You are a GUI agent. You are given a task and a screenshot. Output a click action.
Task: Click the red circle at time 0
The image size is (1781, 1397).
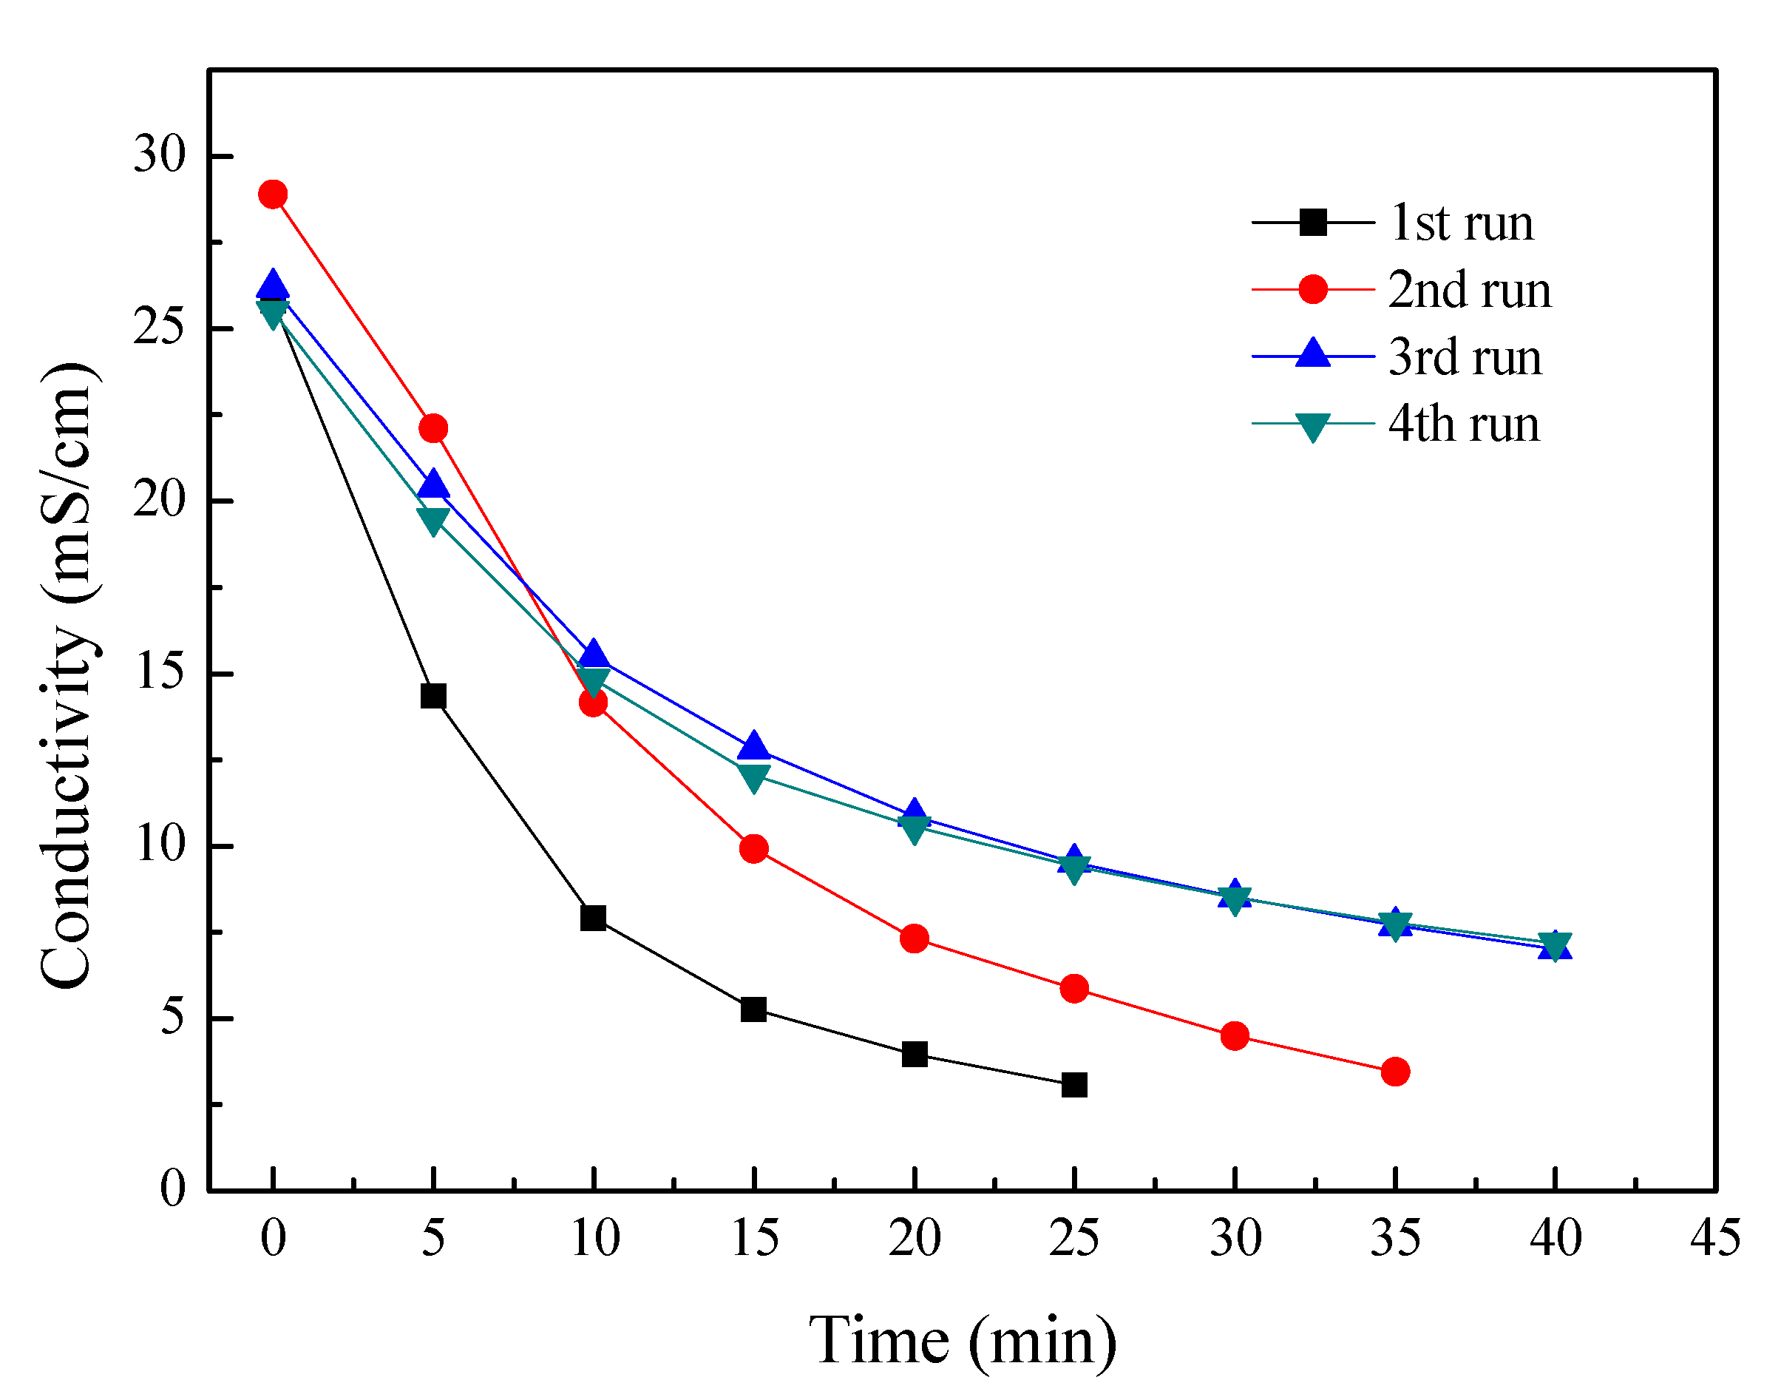(x=272, y=195)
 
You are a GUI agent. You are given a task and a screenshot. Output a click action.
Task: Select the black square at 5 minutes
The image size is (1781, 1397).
(x=433, y=696)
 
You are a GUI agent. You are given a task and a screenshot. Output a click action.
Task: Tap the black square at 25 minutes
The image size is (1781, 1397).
(x=1073, y=1086)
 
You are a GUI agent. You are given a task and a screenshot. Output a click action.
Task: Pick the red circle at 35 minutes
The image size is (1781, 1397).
(x=1395, y=1072)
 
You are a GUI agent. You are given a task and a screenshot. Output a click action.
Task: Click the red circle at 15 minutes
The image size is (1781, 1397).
(x=753, y=849)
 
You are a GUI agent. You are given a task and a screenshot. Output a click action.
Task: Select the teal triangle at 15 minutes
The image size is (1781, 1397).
(x=753, y=774)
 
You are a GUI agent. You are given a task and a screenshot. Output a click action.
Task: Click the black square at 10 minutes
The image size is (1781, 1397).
(x=593, y=918)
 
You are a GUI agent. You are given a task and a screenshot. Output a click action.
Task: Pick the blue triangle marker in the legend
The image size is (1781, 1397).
(x=1312, y=354)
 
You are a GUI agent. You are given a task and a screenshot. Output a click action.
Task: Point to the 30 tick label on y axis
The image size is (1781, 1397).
(x=160, y=154)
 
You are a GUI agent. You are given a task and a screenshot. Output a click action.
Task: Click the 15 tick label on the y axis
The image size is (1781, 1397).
(x=160, y=672)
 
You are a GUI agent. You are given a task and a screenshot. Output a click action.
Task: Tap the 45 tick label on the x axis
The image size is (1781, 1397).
(x=1714, y=1237)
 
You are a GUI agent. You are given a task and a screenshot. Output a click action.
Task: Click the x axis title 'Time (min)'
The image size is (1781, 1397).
(x=963, y=1342)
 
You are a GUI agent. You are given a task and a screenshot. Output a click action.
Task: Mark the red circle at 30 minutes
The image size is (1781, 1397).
(x=1234, y=1036)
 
